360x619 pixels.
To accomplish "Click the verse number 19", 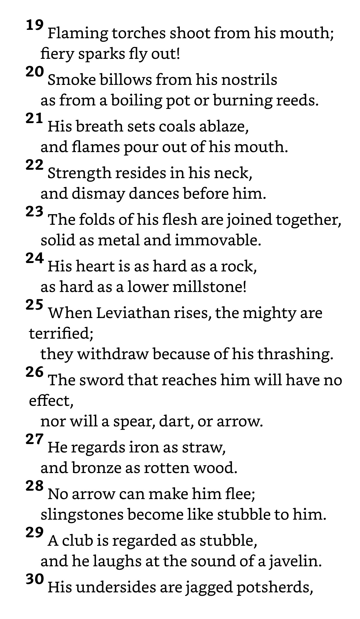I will tap(34, 25).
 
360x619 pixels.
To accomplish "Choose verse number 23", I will tap(34, 212).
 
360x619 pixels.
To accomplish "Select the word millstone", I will tap(209, 287).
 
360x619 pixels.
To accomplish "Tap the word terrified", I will tap(61, 333).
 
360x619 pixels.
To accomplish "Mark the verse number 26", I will tap(34, 372).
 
